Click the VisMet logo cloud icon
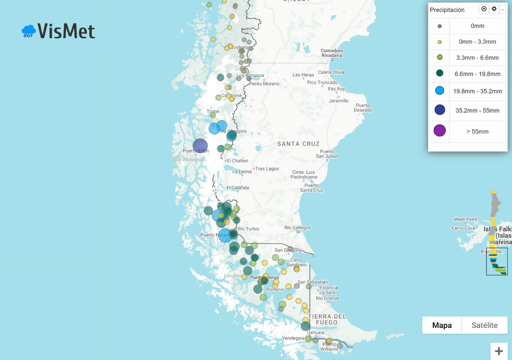[28, 31]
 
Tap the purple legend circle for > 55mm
[439, 131]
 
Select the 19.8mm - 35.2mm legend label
[477, 91]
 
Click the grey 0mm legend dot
[439, 26]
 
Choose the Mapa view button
[441, 325]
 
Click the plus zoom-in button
[498, 351]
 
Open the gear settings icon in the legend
[494, 9]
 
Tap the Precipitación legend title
[447, 9]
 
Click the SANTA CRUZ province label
[298, 144]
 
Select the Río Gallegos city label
[297, 227]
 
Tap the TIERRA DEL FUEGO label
[327, 319]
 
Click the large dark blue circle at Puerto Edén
[200, 145]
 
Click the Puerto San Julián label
[327, 153]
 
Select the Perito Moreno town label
[264, 83]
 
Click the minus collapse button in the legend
[502, 9]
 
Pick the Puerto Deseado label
[363, 107]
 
